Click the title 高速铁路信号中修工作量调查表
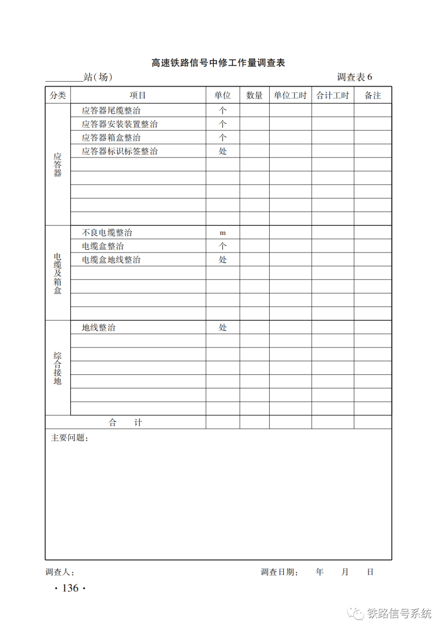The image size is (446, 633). [218, 63]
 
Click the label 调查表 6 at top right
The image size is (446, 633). [354, 77]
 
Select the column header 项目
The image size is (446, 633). [138, 95]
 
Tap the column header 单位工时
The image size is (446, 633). [290, 95]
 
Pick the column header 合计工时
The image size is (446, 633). [332, 95]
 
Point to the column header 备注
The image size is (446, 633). [372, 95]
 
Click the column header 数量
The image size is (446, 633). [254, 95]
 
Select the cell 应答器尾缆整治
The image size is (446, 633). [111, 110]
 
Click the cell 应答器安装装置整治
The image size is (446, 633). [119, 124]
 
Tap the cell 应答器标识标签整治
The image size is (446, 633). [119, 151]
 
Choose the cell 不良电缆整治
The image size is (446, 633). [107, 232]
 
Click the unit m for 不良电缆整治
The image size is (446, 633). [223, 233]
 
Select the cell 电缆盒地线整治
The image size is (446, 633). [111, 260]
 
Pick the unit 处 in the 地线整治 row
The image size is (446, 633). [223, 327]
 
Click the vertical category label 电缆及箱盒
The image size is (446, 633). [57, 273]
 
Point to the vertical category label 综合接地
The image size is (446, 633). [57, 368]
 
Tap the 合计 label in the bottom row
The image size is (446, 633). [125, 422]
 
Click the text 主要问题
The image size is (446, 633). [69, 438]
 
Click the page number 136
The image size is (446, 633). [70, 588]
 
